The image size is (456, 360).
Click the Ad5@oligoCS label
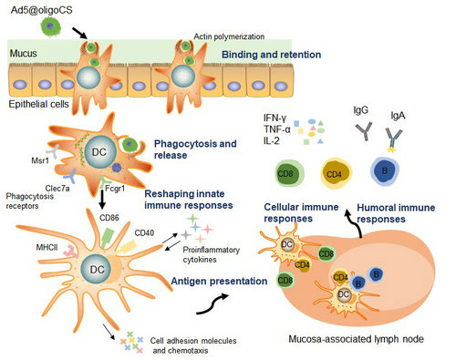pyautogui.click(x=42, y=10)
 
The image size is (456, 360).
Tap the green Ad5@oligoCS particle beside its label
pyautogui.click(x=50, y=27)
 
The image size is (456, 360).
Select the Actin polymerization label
pyautogui.click(x=229, y=36)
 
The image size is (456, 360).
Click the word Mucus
pyautogui.click(x=24, y=54)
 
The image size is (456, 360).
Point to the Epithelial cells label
pyautogui.click(x=38, y=104)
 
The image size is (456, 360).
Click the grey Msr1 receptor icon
pyautogui.click(x=53, y=150)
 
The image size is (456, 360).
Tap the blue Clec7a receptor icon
pyautogui.click(x=71, y=176)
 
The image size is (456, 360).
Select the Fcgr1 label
pyautogui.click(x=115, y=189)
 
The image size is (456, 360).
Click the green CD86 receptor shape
pyautogui.click(x=107, y=238)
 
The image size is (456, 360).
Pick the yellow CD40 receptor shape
pyautogui.click(x=126, y=247)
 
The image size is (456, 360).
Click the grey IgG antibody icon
pyautogui.click(x=364, y=131)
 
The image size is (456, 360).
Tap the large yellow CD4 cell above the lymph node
pyautogui.click(x=336, y=173)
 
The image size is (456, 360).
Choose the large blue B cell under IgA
pyautogui.click(x=385, y=171)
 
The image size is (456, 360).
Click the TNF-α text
pyautogui.click(x=277, y=129)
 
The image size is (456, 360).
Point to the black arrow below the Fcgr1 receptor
pyautogui.click(x=102, y=200)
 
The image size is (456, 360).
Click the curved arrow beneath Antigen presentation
pyautogui.click(x=212, y=304)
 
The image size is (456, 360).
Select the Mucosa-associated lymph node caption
pyautogui.click(x=356, y=339)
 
